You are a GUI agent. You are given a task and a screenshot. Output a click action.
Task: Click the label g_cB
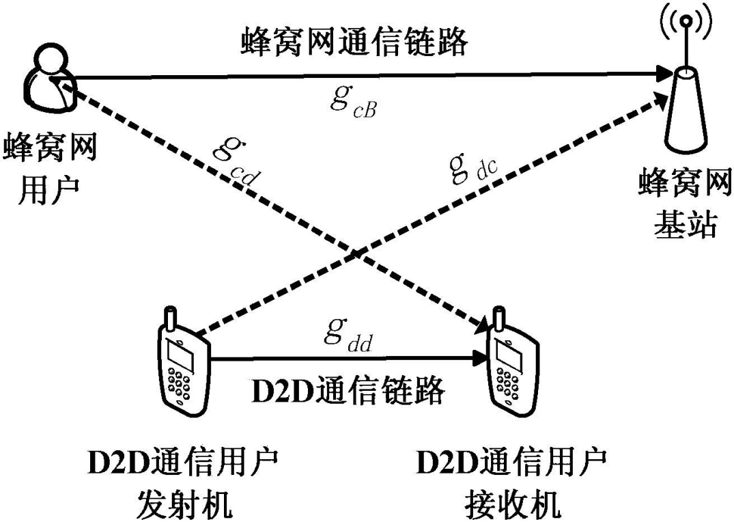click(x=352, y=102)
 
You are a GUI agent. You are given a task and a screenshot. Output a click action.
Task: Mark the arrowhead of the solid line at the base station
click(x=662, y=72)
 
